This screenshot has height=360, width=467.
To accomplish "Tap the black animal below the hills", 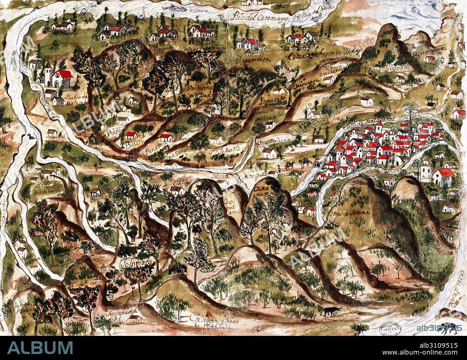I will [330, 311].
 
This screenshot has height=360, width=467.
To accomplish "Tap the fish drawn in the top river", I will [174, 8].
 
